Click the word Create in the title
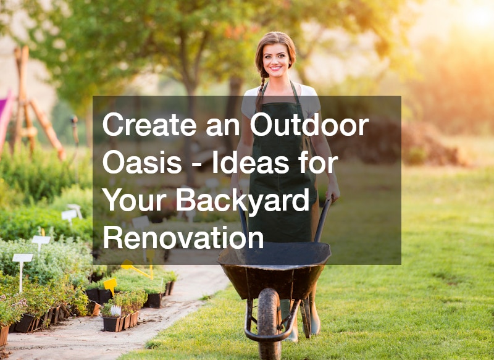pyautogui.click(x=149, y=125)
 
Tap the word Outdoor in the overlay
pyautogui.click(x=309, y=125)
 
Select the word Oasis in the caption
pyautogui.click(x=142, y=163)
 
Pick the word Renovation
pyautogui.click(x=183, y=238)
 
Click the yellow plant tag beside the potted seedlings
pyautogui.click(x=111, y=285)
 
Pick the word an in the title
pyautogui.click(x=223, y=128)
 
